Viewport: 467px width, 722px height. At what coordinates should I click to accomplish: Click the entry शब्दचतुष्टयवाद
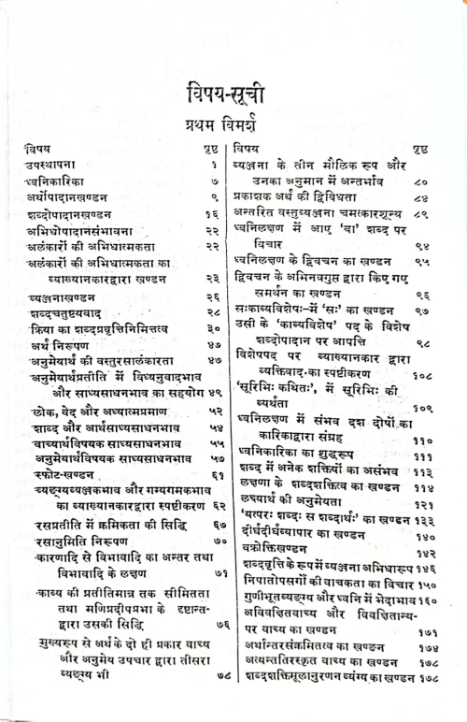(67, 315)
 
